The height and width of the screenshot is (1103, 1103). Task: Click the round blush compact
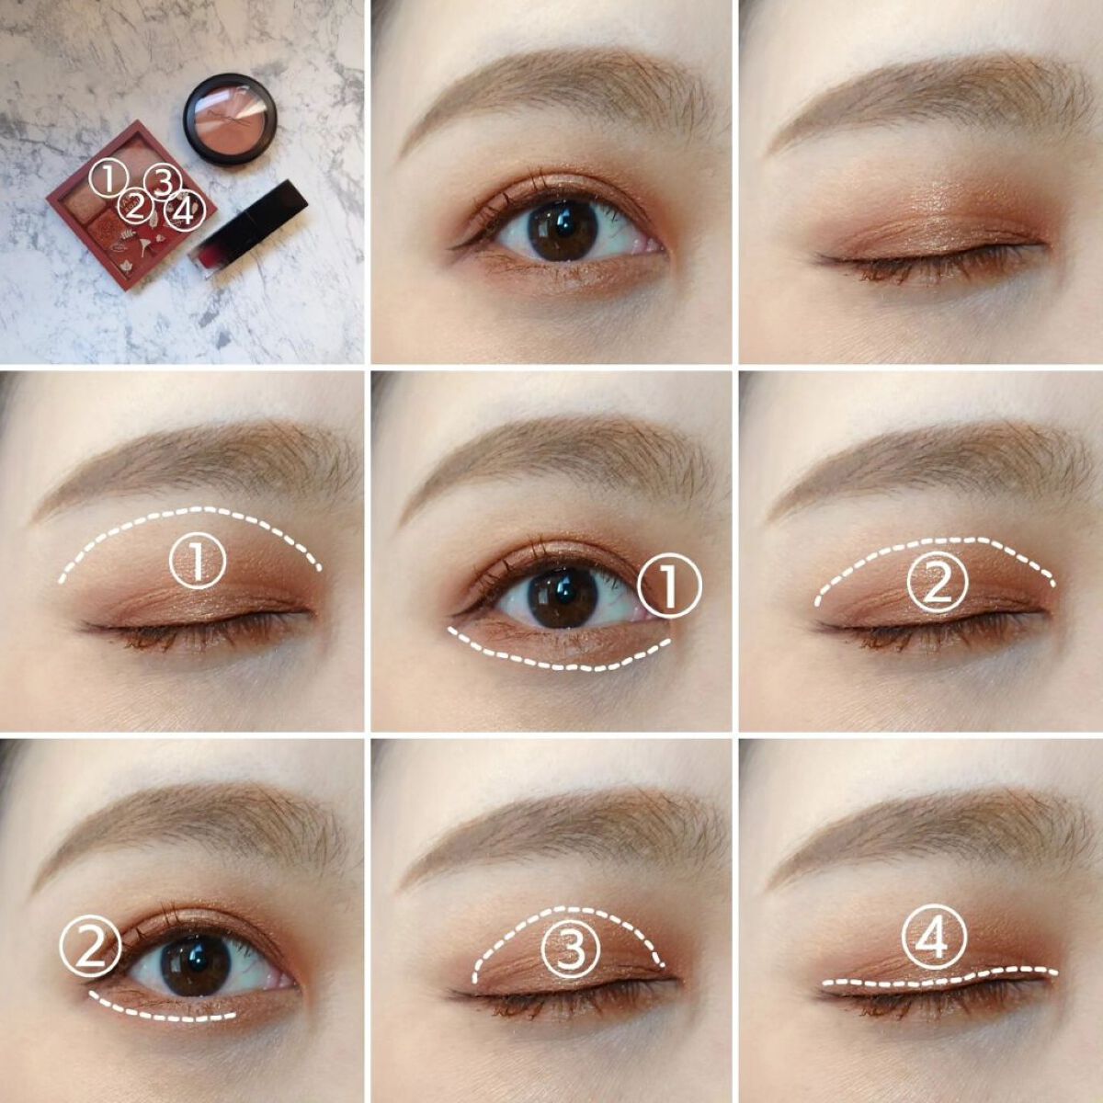pos(231,119)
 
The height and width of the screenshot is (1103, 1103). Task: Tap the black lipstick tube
pos(248,228)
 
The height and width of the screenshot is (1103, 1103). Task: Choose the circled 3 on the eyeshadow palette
pos(163,183)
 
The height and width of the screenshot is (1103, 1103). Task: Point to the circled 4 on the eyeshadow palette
pos(184,212)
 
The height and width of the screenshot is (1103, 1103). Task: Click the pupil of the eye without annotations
pos(563,226)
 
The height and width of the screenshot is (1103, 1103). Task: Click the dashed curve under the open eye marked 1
pos(567,667)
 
